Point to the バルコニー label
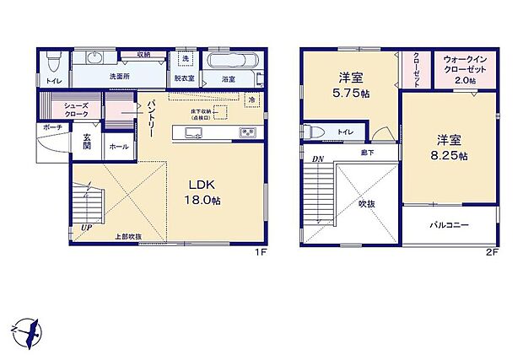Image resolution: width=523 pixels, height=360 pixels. (x=448, y=225)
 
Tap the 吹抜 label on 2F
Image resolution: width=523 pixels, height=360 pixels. (x=365, y=203)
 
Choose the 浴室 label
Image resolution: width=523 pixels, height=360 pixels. (x=228, y=79)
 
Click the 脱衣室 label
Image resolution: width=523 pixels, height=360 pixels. (x=185, y=79)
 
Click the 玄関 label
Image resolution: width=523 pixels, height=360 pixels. (x=88, y=144)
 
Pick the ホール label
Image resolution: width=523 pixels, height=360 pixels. (x=117, y=147)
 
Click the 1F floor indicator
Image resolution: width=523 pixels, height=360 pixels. (x=261, y=252)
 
